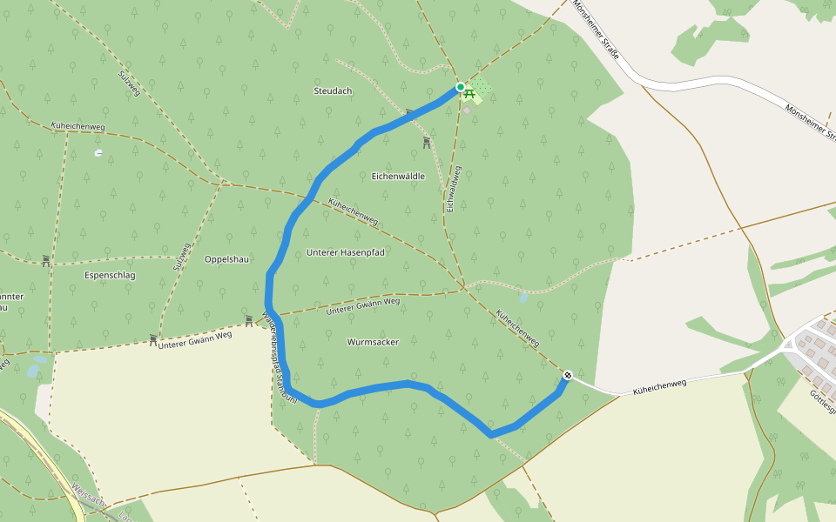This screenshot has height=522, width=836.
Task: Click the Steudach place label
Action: click(333, 91)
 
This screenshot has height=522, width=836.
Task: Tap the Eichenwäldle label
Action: click(398, 176)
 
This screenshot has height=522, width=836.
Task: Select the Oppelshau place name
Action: click(227, 259)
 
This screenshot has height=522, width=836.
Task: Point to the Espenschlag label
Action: click(111, 275)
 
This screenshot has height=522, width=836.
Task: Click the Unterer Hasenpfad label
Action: click(346, 252)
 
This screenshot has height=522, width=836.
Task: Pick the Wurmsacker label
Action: click(373, 342)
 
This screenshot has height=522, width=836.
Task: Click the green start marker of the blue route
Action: click(460, 87)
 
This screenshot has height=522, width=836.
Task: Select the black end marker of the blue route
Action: click(567, 375)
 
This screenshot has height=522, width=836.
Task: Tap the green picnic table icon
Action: click(469, 92)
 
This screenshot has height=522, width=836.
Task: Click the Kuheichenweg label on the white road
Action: click(660, 384)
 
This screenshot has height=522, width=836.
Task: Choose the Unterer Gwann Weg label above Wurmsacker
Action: click(363, 306)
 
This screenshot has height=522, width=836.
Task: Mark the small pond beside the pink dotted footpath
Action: click(522, 297)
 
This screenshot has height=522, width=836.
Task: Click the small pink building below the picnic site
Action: click(467, 110)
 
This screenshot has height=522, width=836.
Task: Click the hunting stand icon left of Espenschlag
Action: click(45, 260)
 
